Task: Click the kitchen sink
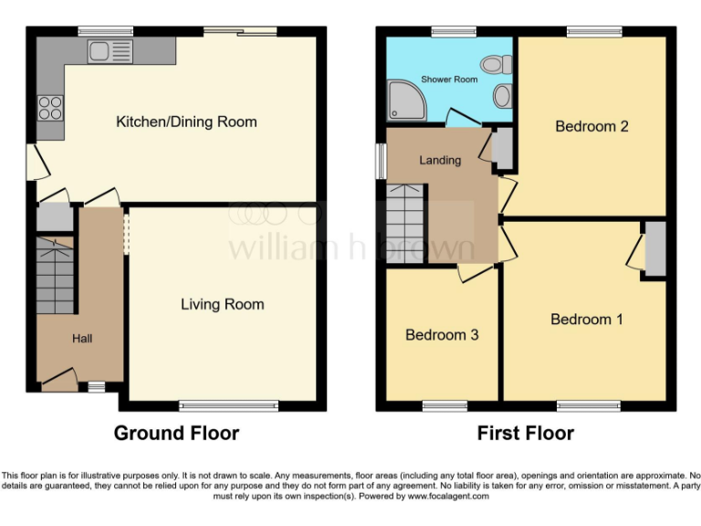(x=110, y=52)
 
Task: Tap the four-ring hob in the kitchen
(x=50, y=109)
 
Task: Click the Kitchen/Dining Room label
(x=186, y=121)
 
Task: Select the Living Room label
(x=222, y=304)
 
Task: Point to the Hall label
(x=82, y=339)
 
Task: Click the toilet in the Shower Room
(x=497, y=65)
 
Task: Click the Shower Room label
(x=449, y=79)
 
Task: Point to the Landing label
(x=439, y=160)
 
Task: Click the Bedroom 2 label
(x=591, y=126)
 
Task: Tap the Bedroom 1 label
(x=586, y=319)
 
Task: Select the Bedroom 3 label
(x=442, y=334)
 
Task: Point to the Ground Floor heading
(x=176, y=433)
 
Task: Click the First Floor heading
(x=526, y=433)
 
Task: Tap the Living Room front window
(x=228, y=405)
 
